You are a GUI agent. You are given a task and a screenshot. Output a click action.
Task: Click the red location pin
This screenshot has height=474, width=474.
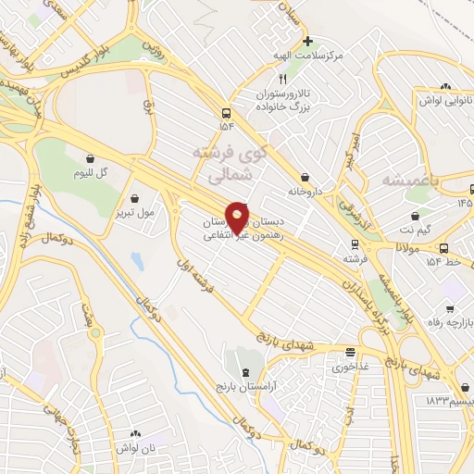[x=237, y=218]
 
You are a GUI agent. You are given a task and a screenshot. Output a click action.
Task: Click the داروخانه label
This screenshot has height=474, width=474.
[x=282, y=193]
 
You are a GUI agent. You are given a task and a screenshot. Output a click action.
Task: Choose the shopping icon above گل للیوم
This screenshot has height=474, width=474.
[x=90, y=158]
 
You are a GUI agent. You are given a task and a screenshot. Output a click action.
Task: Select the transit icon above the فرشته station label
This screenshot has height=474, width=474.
[x=353, y=245]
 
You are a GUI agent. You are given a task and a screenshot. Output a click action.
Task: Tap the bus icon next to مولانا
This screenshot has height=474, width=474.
[x=444, y=248]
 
